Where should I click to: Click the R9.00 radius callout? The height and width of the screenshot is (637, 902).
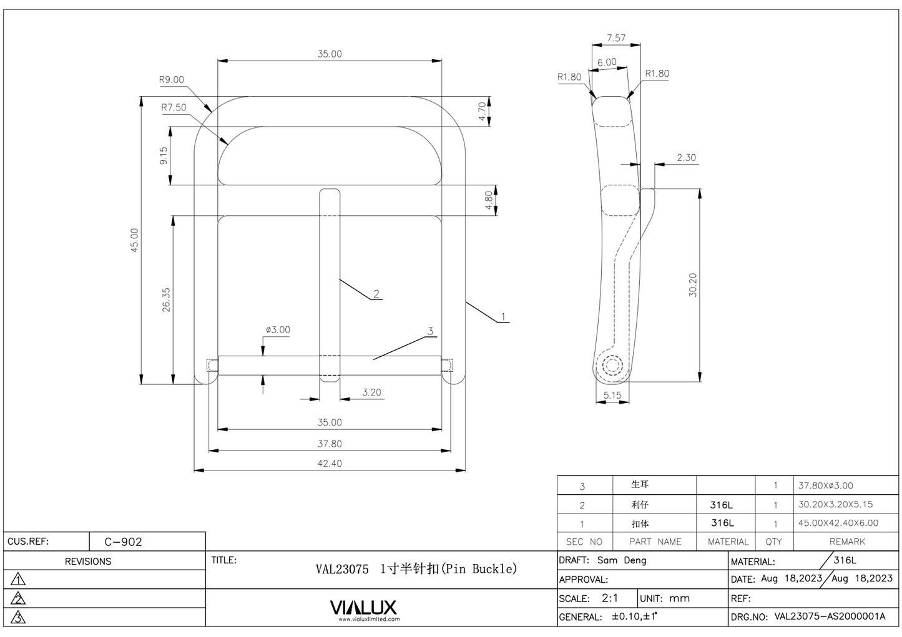pyautogui.click(x=171, y=80)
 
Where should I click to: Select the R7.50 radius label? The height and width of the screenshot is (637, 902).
pyautogui.click(x=174, y=107)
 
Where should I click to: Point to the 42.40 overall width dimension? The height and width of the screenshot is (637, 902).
pyautogui.click(x=329, y=464)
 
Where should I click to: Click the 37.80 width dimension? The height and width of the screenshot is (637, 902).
pyautogui.click(x=329, y=444)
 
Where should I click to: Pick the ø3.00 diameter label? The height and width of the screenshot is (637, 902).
pyautogui.click(x=278, y=330)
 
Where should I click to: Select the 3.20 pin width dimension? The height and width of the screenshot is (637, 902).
pyautogui.click(x=371, y=392)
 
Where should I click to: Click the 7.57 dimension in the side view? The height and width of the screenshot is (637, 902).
pyautogui.click(x=615, y=38)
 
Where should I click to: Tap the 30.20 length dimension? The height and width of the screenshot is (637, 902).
pyautogui.click(x=693, y=285)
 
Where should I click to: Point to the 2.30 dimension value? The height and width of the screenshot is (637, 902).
pyautogui.click(x=686, y=158)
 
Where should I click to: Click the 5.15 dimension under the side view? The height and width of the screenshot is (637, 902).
pyautogui.click(x=612, y=395)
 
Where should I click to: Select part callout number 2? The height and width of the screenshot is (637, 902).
pyautogui.click(x=376, y=294)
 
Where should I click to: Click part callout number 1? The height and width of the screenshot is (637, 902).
pyautogui.click(x=503, y=317)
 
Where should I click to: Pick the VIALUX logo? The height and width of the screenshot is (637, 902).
pyautogui.click(x=363, y=608)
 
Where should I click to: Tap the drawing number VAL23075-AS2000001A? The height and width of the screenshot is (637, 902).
pyautogui.click(x=830, y=616)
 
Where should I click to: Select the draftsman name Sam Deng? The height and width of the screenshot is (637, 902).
pyautogui.click(x=622, y=560)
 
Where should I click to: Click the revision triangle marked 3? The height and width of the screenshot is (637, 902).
pyautogui.click(x=19, y=618)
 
